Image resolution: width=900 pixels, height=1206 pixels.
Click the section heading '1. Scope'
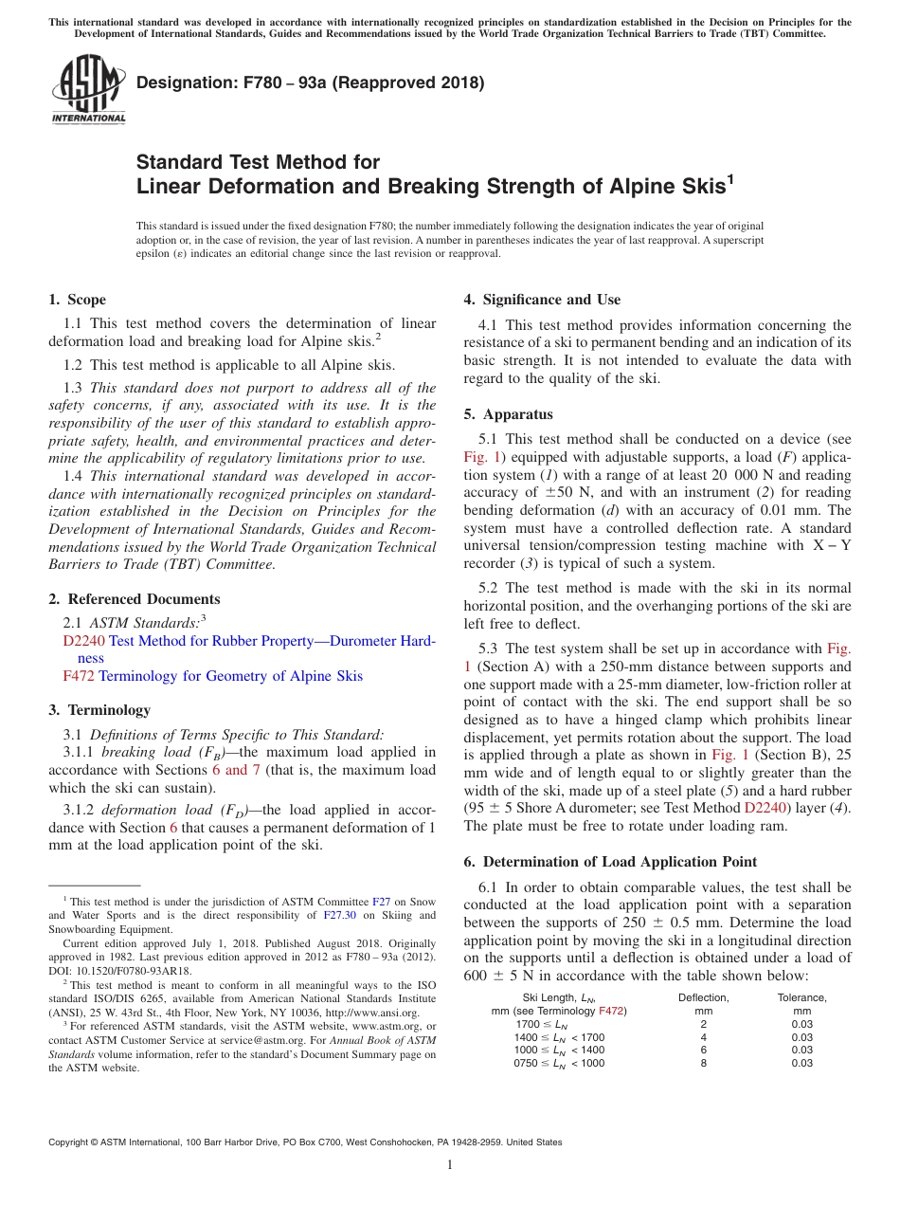(x=77, y=300)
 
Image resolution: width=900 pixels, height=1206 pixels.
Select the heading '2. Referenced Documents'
(x=134, y=599)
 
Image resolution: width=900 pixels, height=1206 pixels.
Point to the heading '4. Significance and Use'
(x=542, y=300)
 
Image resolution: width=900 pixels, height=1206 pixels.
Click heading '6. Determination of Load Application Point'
(x=610, y=862)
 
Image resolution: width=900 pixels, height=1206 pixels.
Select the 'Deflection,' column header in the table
(x=703, y=997)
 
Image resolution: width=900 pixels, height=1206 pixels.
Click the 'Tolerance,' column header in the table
(x=801, y=997)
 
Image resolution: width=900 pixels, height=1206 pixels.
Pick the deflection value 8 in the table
(x=703, y=1064)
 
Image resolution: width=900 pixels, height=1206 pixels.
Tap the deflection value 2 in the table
(x=703, y=1024)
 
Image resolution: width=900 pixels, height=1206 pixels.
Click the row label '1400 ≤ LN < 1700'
(x=559, y=1037)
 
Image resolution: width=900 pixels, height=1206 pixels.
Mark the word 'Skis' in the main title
(x=698, y=186)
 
